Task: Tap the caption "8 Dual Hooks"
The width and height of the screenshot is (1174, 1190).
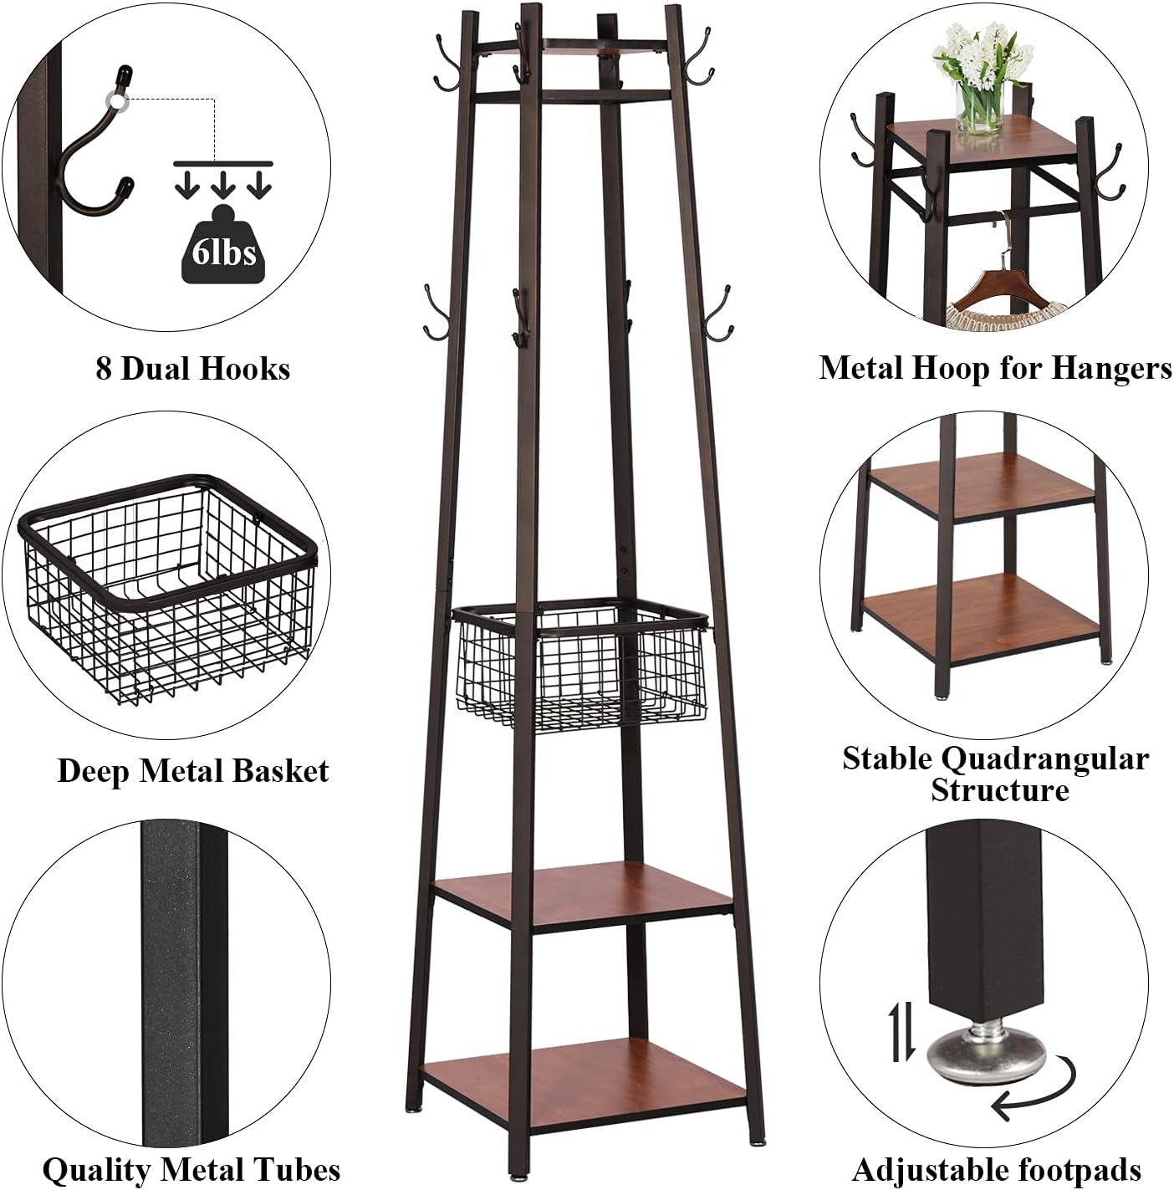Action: click(192, 369)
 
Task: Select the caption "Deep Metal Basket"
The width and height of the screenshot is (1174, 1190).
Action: click(192, 770)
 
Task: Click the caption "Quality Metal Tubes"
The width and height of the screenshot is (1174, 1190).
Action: click(191, 1169)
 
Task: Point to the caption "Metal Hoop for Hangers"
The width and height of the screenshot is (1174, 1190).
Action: click(995, 368)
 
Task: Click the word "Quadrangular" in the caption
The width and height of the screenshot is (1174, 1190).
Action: click(1045, 758)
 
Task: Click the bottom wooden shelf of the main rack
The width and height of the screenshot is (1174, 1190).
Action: click(582, 1078)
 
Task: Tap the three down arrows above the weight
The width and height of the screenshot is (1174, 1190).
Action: click(223, 184)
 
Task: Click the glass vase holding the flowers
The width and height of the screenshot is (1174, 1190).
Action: click(979, 108)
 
